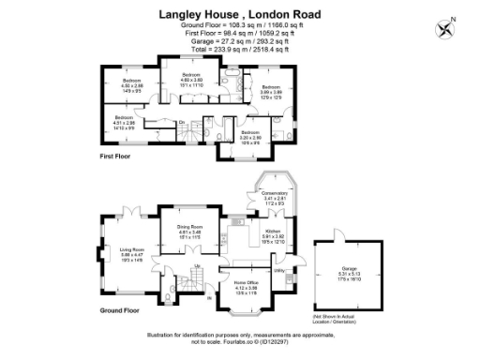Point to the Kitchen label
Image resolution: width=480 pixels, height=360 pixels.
[273, 234]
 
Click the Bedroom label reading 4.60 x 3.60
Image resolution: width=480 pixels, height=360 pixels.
[191, 79]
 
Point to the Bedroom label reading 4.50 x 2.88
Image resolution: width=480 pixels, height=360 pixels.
[131, 84]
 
